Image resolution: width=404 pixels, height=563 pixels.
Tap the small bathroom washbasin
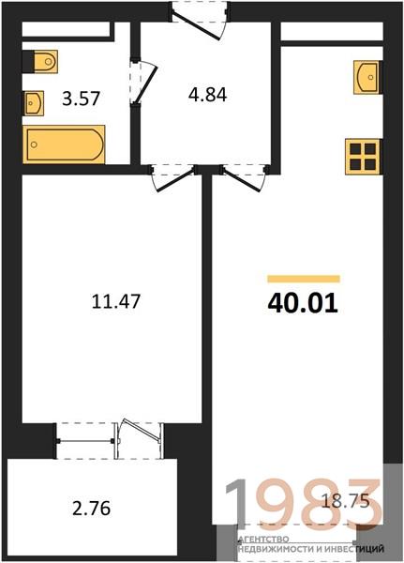[34, 103]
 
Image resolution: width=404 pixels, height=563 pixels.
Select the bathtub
[64, 145]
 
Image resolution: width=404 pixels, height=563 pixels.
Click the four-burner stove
[363, 157]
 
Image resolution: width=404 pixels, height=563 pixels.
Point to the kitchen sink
[367, 77]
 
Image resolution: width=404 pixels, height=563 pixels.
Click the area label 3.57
[81, 99]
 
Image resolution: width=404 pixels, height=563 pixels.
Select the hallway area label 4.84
[208, 95]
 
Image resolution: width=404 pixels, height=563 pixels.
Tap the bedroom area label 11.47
[116, 301]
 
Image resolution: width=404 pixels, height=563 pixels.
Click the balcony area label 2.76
[92, 509]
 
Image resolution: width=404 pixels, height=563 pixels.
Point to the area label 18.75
[345, 501]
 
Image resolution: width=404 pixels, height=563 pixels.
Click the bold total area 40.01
[303, 303]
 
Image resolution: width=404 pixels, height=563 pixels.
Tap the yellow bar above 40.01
[304, 279]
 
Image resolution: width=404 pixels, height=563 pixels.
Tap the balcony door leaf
[141, 429]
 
